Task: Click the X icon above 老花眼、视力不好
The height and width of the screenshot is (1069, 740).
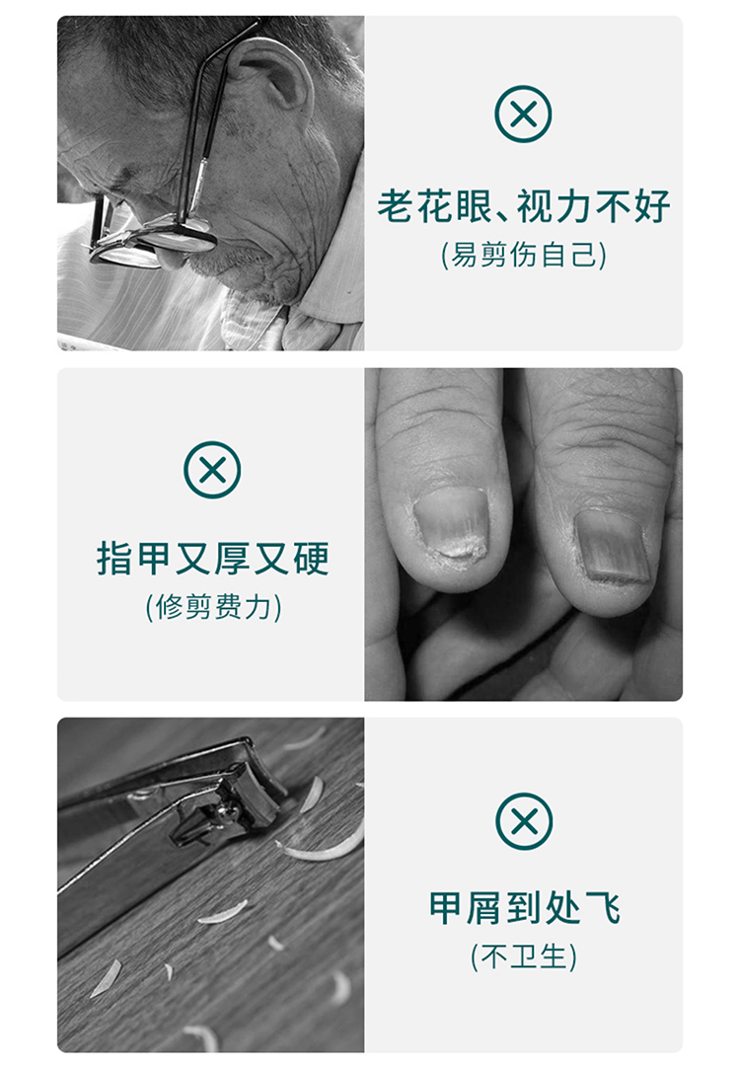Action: (523, 114)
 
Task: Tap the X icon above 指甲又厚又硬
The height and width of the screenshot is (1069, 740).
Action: (212, 470)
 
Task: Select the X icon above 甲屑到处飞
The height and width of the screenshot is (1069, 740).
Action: (524, 821)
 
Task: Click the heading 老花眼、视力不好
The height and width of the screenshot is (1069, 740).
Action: (524, 206)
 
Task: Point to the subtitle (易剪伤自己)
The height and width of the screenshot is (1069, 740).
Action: (523, 255)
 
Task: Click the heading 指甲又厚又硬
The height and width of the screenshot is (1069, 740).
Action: (212, 559)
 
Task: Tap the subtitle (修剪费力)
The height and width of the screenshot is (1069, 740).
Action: (213, 607)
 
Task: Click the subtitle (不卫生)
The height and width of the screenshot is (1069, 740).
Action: (523, 956)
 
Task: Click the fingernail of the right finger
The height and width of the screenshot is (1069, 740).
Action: (611, 547)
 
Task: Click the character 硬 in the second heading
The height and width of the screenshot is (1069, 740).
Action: (312, 559)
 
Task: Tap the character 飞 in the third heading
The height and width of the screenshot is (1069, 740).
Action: (603, 908)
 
